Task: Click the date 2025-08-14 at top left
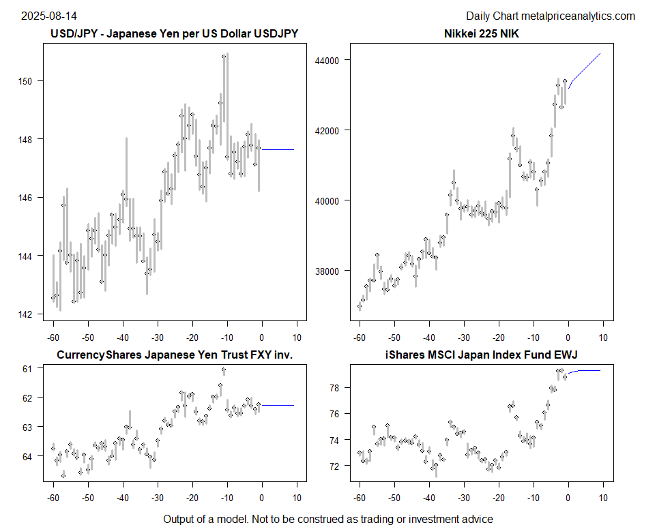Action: click(41, 16)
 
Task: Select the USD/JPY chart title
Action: click(174, 33)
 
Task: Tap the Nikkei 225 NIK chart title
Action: click(481, 33)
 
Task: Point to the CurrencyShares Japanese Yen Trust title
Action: click(174, 355)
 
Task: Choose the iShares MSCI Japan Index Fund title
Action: click(481, 355)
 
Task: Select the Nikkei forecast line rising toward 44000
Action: click(585, 67)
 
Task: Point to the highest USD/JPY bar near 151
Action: click(224, 57)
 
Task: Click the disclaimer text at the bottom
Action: click(327, 519)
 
